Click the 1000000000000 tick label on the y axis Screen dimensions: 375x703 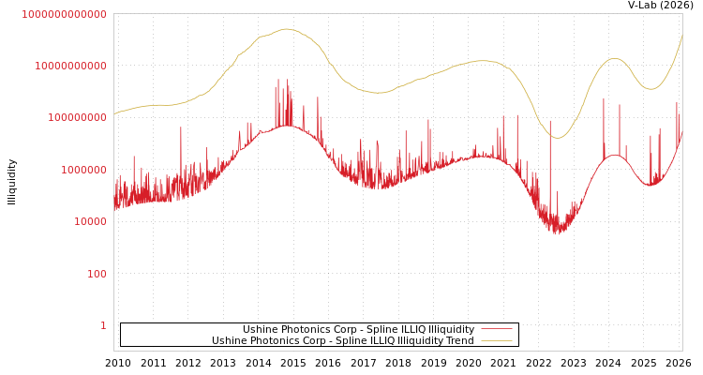click(64, 14)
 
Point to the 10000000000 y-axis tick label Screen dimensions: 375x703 click(70, 66)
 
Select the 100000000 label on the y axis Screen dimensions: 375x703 click(77, 118)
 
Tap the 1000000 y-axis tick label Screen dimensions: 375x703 click(83, 170)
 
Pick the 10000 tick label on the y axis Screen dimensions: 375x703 click(90, 221)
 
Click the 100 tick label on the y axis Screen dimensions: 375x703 click(97, 274)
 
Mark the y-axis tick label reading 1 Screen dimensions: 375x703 click(103, 325)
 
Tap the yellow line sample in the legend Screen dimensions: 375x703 click(496, 341)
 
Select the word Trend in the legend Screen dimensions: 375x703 click(459, 341)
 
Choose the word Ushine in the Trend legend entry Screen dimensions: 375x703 click(229, 341)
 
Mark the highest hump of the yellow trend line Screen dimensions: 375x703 click(287, 29)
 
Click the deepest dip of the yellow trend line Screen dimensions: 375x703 click(558, 138)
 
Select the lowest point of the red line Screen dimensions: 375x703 click(558, 234)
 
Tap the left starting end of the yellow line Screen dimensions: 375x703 click(114, 114)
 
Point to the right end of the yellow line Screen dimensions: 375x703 click(681, 37)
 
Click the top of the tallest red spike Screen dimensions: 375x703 click(288, 79)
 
